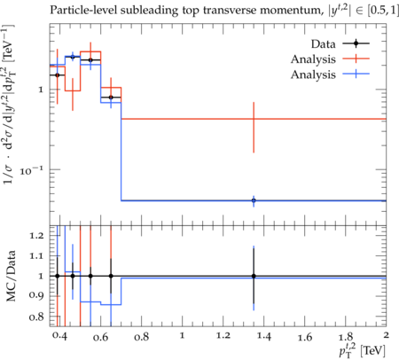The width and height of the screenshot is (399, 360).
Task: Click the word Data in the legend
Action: tap(324, 44)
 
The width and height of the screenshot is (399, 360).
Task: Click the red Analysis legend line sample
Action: tap(356, 59)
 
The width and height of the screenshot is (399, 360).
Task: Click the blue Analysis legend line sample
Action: tap(356, 74)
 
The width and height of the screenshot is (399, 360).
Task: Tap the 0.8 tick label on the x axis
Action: tap(141, 337)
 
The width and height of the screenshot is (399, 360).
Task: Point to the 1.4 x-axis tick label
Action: tap(264, 336)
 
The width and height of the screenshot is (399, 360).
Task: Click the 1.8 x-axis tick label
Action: tap(346, 337)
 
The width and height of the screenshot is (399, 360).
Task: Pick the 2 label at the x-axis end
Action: tap(386, 335)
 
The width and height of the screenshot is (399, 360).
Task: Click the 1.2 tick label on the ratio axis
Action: tap(37, 236)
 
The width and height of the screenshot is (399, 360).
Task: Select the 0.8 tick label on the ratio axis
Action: tap(37, 317)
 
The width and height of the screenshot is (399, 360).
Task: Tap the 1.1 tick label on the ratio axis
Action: tap(37, 256)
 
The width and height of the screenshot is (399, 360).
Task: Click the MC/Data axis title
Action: tap(11, 276)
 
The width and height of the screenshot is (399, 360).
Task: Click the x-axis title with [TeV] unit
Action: tap(362, 350)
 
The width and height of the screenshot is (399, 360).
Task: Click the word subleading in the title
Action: tap(149, 11)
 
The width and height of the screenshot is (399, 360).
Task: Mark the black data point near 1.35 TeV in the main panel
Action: tap(254, 200)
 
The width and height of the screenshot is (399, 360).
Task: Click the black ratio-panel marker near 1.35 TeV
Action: tap(254, 276)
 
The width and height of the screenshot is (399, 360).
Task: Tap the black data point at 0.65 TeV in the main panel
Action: tap(111, 98)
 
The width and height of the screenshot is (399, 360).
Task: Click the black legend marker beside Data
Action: tap(356, 43)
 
